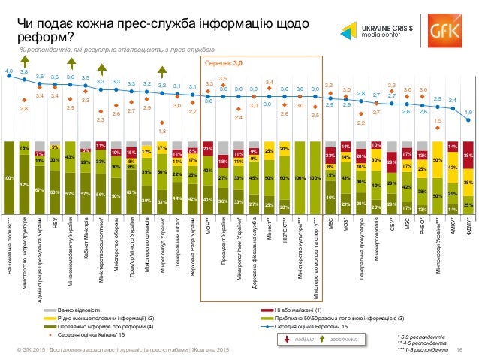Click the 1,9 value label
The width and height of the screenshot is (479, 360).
[468, 113]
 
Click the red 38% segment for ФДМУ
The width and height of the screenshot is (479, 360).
[468, 156]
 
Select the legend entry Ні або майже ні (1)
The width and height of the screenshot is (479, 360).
[298, 309]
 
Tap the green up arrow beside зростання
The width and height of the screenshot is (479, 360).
[323, 341]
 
